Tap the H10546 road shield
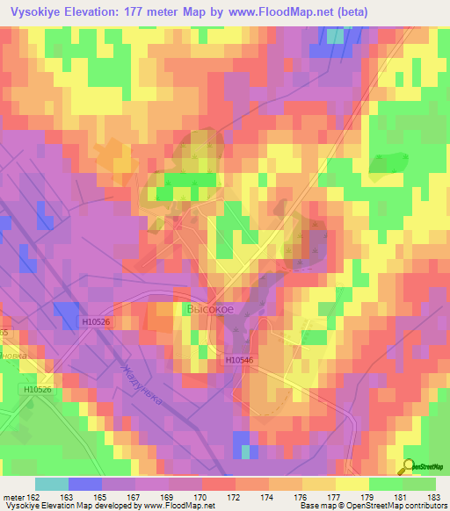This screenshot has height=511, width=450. pyautogui.click(x=238, y=360)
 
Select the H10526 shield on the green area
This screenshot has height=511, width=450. pyautogui.click(x=38, y=389)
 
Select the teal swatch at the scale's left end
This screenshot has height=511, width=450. pyautogui.click(x=52, y=484)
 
